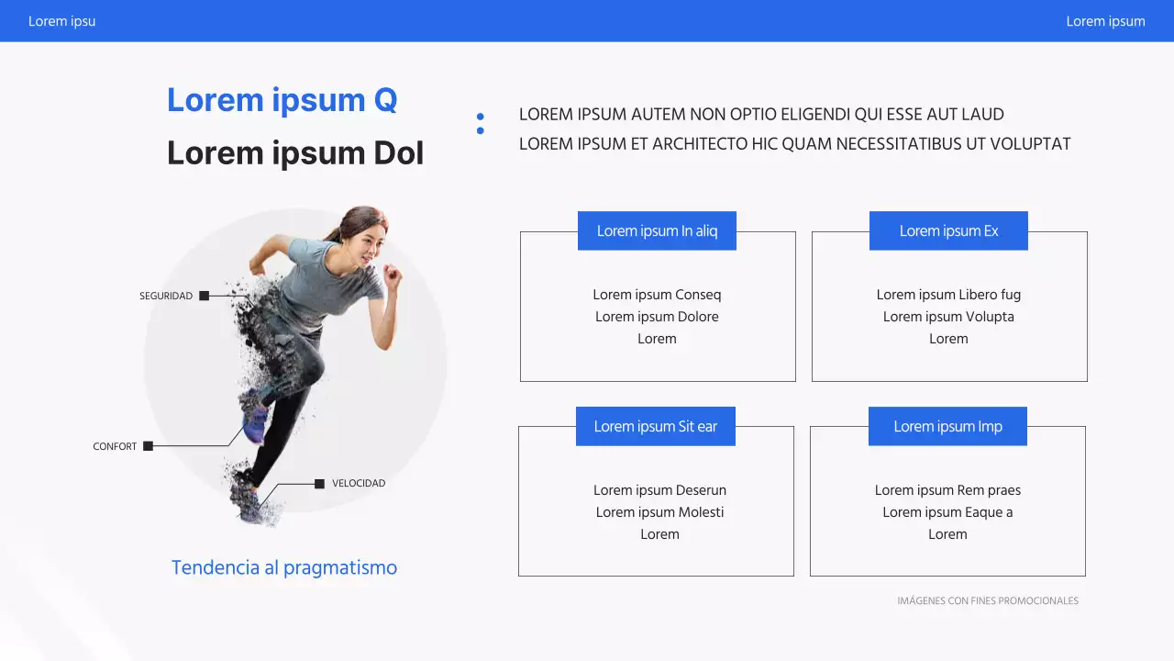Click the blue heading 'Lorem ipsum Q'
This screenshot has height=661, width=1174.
tap(282, 100)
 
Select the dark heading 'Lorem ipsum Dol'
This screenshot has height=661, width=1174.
tap(294, 153)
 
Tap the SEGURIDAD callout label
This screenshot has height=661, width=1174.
tap(166, 297)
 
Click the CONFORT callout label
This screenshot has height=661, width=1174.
tap(115, 447)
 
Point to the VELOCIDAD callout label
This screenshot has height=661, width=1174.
tap(359, 484)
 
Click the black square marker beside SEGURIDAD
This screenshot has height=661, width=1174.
tap(205, 296)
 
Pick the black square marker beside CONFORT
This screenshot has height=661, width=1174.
tap(149, 446)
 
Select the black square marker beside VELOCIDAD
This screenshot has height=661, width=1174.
tap(319, 484)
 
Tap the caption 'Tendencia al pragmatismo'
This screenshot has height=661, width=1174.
tap(284, 567)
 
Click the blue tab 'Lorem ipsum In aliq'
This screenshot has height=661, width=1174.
tap(657, 231)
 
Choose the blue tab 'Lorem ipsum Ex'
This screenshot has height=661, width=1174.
tap(948, 231)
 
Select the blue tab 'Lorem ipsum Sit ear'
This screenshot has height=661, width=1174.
tap(655, 427)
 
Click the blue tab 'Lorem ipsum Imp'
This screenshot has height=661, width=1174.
tap(947, 427)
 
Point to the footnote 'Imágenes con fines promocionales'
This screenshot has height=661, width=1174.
tap(988, 601)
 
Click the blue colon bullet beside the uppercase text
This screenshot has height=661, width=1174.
tap(480, 124)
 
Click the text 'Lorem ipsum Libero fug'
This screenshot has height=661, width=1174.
tap(948, 295)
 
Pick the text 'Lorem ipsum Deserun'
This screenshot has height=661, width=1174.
tap(659, 490)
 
